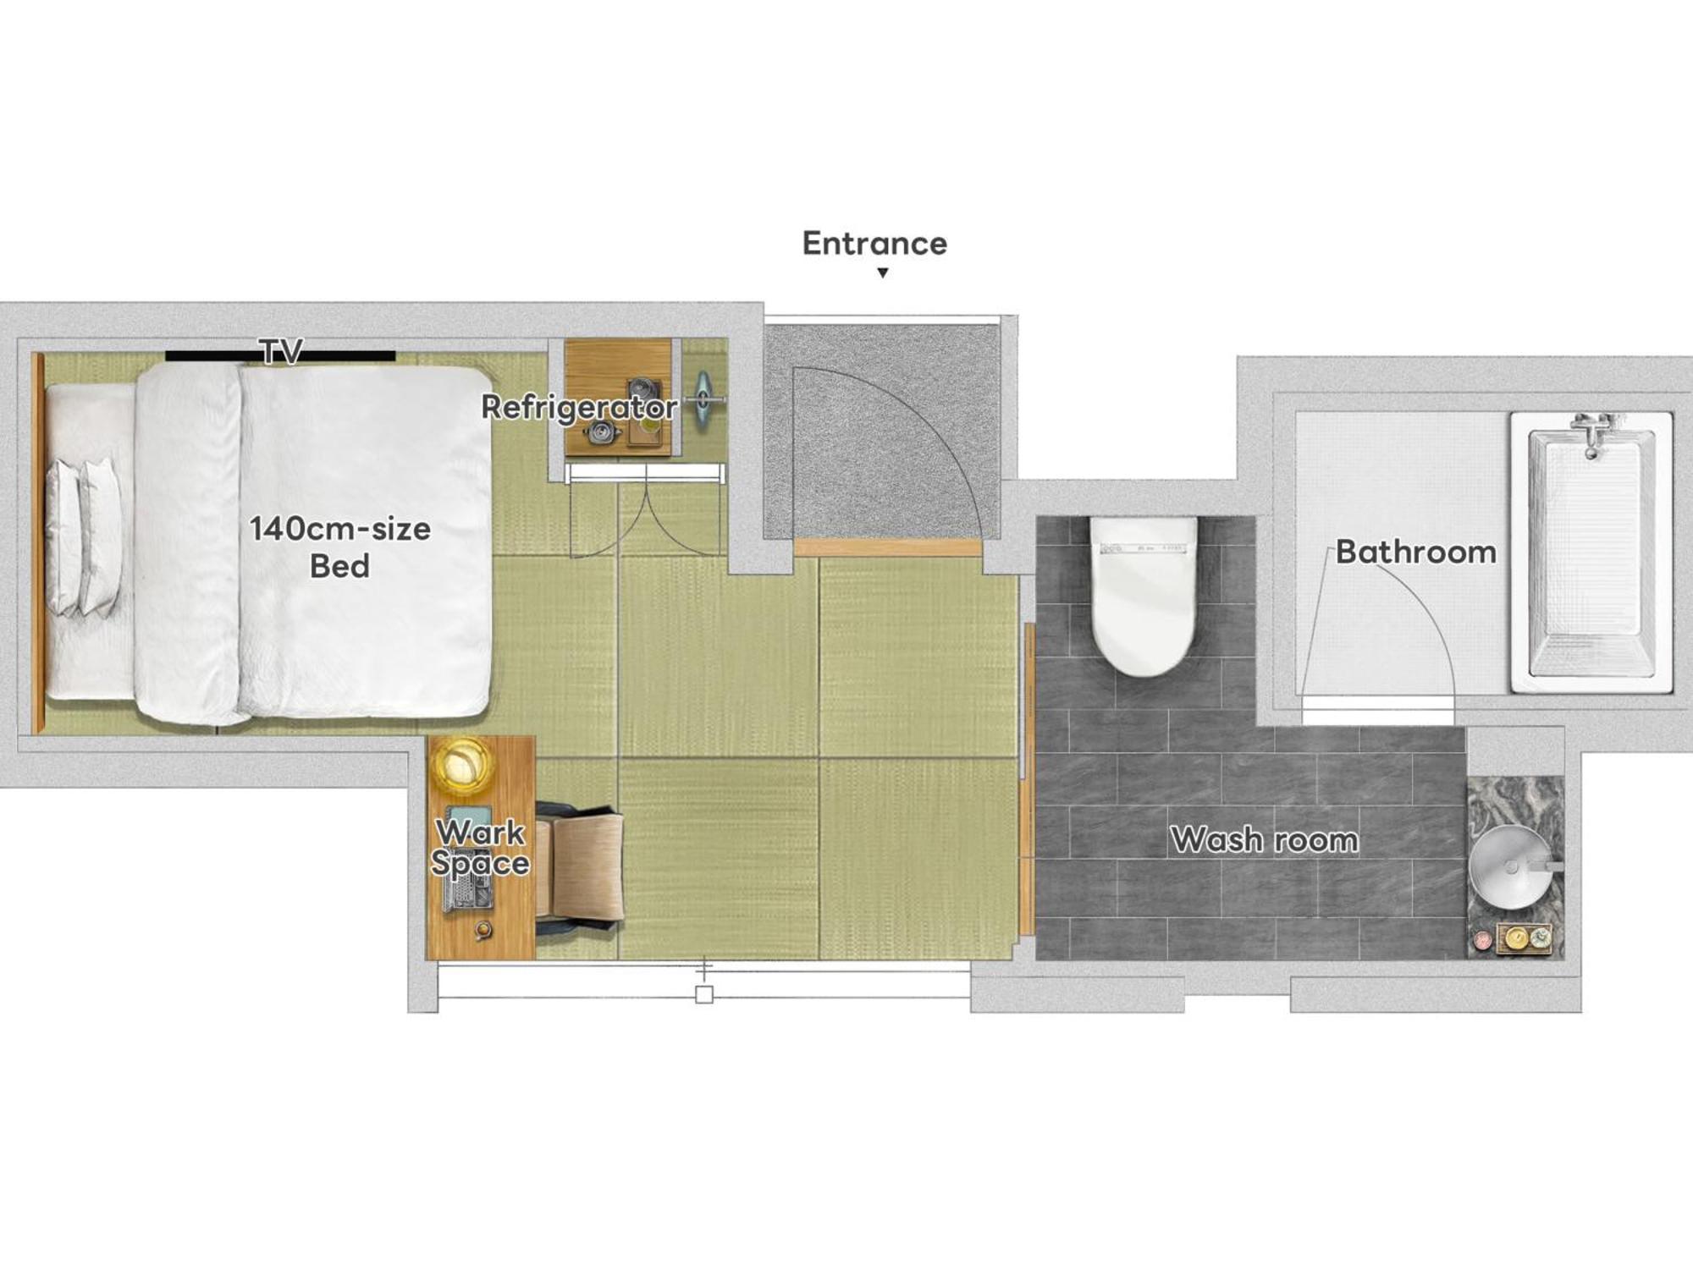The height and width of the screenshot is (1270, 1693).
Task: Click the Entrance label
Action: click(874, 244)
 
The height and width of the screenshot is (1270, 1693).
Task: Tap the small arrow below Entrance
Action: click(883, 272)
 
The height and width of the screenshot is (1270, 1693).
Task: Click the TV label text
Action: click(281, 352)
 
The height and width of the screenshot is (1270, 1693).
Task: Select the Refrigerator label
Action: click(580, 407)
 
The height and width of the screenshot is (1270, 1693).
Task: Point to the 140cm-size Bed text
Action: click(340, 547)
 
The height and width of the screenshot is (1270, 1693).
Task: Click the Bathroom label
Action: click(1416, 553)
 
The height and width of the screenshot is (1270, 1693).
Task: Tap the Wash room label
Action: click(1265, 840)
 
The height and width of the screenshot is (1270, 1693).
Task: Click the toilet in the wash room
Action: click(1143, 596)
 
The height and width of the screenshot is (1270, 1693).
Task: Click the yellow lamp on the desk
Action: click(462, 766)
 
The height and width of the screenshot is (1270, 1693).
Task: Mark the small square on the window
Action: click(704, 995)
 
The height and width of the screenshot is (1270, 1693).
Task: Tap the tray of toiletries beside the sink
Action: click(1524, 938)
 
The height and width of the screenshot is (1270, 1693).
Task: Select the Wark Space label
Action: click(481, 848)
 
